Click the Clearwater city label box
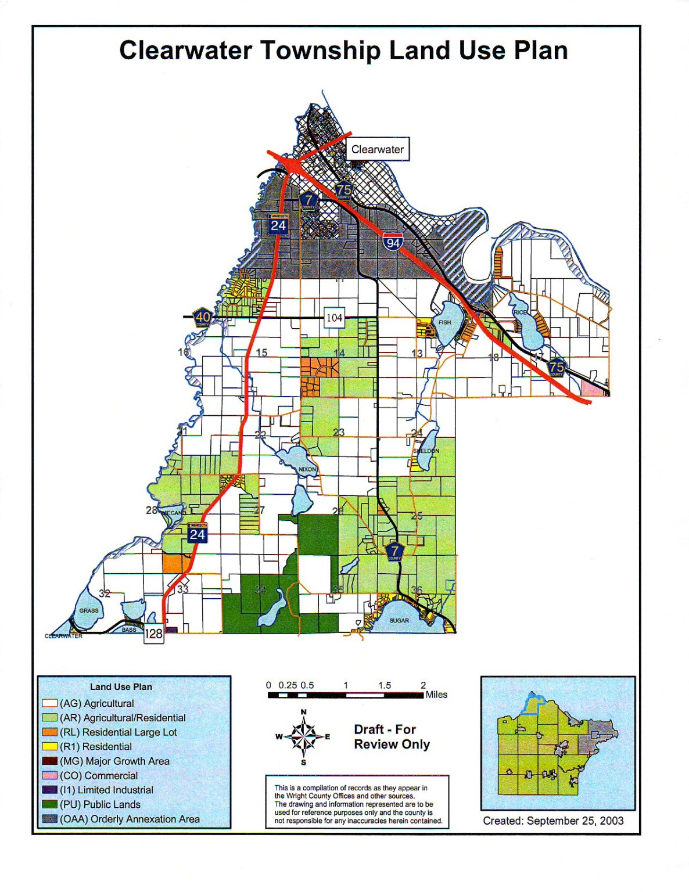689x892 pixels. point(378,149)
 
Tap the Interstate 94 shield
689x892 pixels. point(393,242)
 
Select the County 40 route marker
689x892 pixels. point(202,317)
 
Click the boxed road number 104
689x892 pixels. point(334,318)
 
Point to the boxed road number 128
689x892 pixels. point(153,634)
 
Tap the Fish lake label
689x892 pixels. point(444,322)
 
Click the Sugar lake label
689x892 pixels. point(399,620)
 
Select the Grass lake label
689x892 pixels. point(89,610)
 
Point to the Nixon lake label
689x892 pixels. point(307,469)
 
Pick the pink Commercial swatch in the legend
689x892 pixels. point(50,775)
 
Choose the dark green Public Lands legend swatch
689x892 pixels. point(50,804)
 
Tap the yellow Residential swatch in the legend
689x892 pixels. point(50,746)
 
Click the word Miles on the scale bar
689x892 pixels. point(436,695)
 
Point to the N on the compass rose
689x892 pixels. point(303,712)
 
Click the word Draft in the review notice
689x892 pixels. point(369,729)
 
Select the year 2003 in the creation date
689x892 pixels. point(611,821)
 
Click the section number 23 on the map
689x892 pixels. point(339,432)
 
